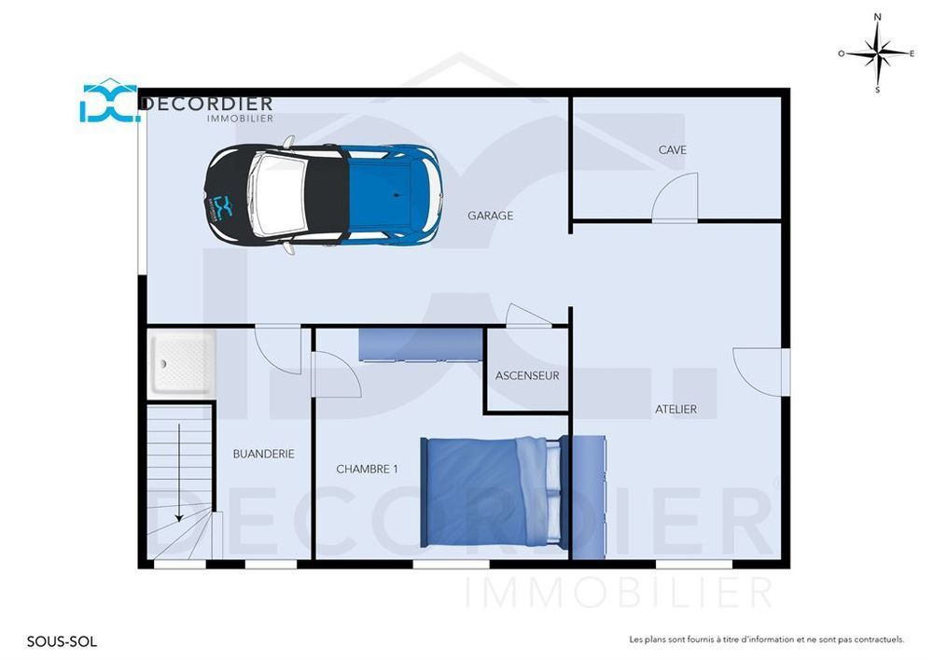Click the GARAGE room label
[x=490, y=216]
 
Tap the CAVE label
[x=672, y=150]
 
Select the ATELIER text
[x=675, y=409]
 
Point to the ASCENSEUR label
[x=527, y=376]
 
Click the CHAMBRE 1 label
[x=367, y=469]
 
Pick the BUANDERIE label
[x=263, y=454]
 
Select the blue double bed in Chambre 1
[x=493, y=491]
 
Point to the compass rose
[x=877, y=53]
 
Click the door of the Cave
[x=675, y=199]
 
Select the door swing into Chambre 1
[x=335, y=374]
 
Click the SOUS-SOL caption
[x=62, y=641]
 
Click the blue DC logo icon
[x=109, y=102]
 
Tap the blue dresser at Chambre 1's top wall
[x=420, y=344]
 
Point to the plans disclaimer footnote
[x=766, y=639]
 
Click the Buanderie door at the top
[x=278, y=348]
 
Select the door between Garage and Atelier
[x=528, y=316]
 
